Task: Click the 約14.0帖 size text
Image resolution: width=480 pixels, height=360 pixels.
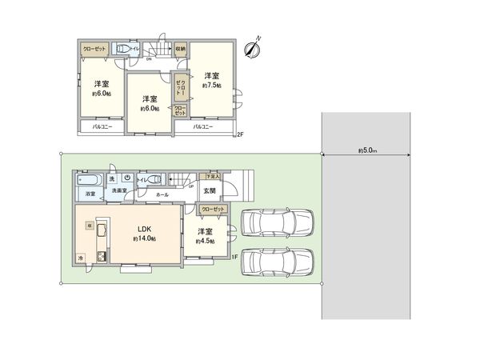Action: click(145, 239)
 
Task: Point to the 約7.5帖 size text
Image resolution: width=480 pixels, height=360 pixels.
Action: click(211, 85)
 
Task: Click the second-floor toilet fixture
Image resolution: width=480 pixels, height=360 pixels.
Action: click(124, 49)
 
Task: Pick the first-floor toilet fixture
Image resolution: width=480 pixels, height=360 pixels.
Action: click(152, 180)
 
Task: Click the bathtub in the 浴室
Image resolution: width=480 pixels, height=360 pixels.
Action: click(88, 179)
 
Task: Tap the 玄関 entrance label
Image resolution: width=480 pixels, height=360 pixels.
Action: click(209, 190)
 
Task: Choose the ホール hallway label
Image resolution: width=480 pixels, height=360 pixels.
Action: click(162, 194)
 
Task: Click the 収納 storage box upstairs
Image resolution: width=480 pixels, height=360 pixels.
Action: click(181, 49)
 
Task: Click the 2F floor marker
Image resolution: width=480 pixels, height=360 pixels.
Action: click(240, 134)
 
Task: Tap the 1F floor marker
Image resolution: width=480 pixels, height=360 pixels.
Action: click(235, 255)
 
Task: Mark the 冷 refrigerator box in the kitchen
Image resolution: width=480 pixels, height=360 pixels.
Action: click(82, 258)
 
